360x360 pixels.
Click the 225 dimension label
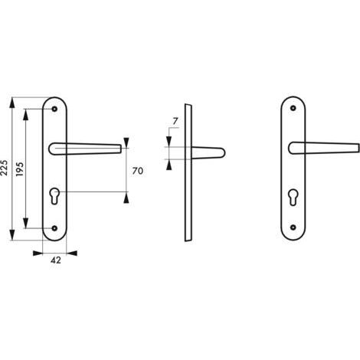[x=5, y=168]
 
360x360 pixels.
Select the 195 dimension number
[x=20, y=169]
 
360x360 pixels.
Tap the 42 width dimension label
[x=56, y=260]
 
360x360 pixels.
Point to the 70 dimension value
[x=138, y=171]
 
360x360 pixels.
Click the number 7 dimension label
[x=175, y=121]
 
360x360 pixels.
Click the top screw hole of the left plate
[x=54, y=109]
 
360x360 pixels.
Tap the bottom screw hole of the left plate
[x=54, y=228]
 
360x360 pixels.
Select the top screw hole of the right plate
[x=293, y=108]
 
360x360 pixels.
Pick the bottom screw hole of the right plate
[x=293, y=227]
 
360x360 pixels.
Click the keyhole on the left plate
[x=54, y=195]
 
